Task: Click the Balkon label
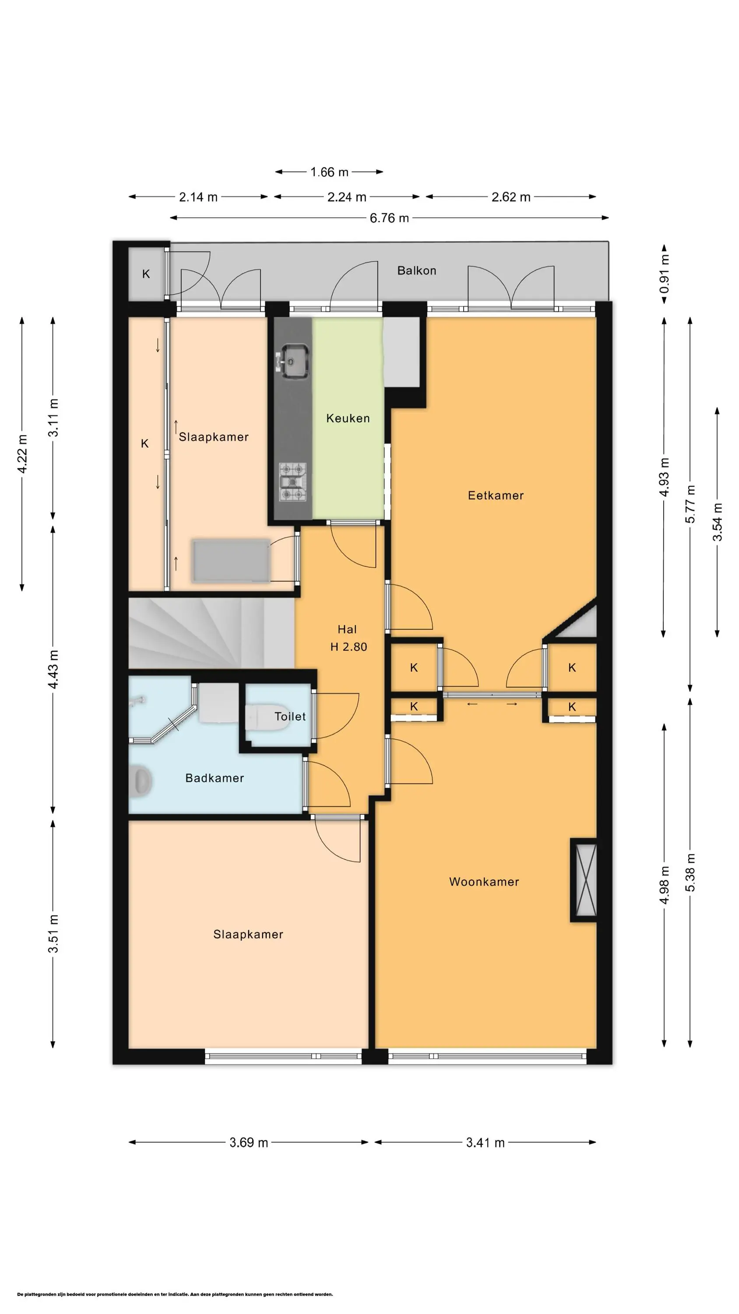[x=417, y=270]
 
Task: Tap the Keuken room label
[x=348, y=418]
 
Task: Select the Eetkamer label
[x=496, y=495]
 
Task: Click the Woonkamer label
[x=484, y=882]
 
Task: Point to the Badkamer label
[x=214, y=778]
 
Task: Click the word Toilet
[x=290, y=717]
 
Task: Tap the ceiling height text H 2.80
[x=349, y=647]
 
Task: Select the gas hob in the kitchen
[x=293, y=481]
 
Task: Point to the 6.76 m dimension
[x=389, y=218]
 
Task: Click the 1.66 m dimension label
[x=330, y=172]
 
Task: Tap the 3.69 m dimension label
[x=248, y=1142]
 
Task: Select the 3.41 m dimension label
[x=485, y=1142]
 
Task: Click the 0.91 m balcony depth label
[x=664, y=275]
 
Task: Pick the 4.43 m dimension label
[x=53, y=669]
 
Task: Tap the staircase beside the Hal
[x=211, y=633]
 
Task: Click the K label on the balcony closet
[x=146, y=274]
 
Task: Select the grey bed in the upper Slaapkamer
[x=231, y=561]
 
